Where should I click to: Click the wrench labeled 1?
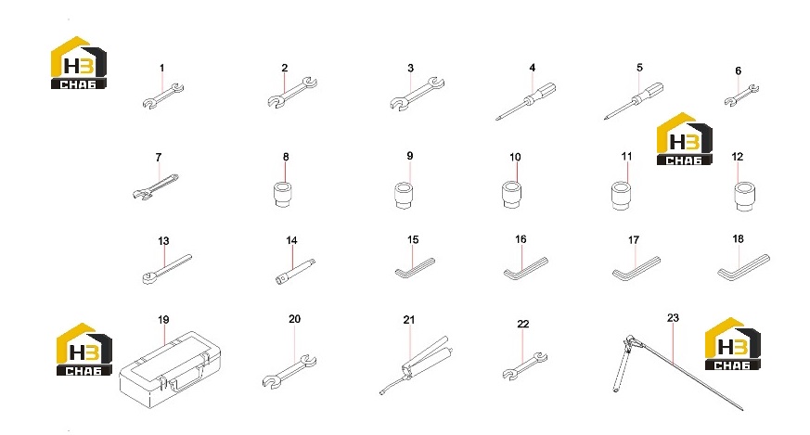[162, 96]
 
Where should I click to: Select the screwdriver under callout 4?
[526, 101]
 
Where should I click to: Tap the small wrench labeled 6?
[741, 96]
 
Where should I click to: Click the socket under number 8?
[282, 194]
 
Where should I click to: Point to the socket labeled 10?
[511, 194]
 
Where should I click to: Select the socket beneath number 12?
[745, 196]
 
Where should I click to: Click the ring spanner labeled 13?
[166, 269]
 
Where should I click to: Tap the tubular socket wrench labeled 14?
[295, 272]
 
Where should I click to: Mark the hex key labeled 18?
[742, 269]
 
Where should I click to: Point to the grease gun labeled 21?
[415, 365]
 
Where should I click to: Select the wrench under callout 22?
[525, 366]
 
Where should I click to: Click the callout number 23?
[673, 318]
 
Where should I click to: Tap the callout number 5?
[639, 68]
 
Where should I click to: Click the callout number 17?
[634, 240]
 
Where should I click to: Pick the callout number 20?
[294, 319]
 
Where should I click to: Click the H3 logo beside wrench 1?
[79, 62]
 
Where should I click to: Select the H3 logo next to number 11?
[685, 139]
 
